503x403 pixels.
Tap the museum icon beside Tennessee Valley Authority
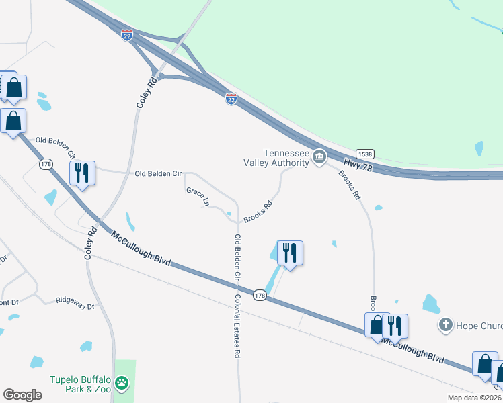click(319, 158)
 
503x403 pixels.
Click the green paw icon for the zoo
click(122, 384)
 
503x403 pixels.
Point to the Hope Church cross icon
click(445, 326)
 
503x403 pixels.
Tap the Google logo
click(22, 394)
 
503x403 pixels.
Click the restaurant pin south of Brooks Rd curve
click(290, 253)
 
